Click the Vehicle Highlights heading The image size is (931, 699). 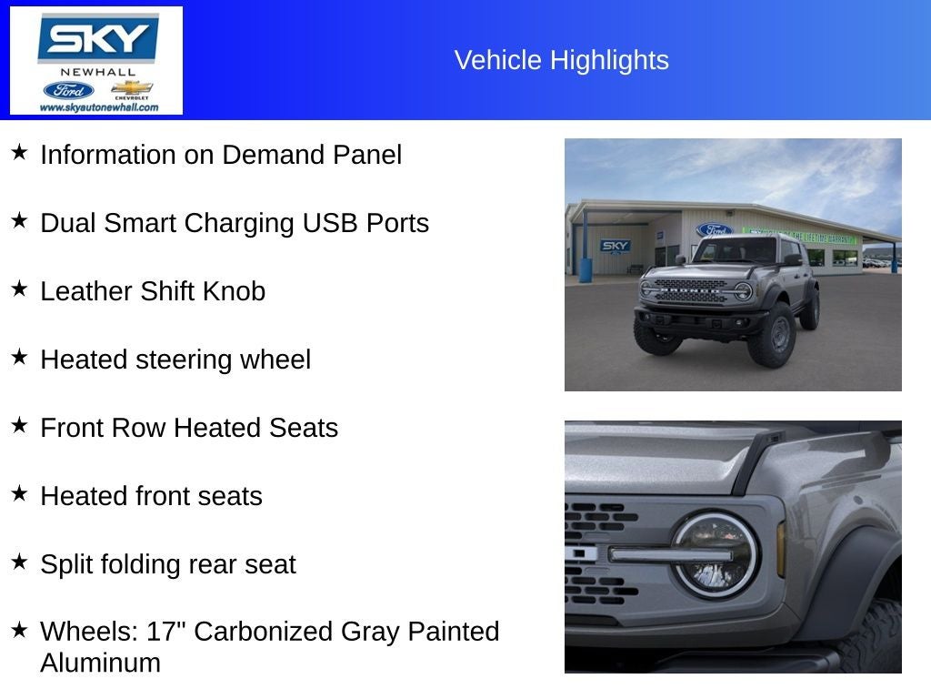[x=561, y=60]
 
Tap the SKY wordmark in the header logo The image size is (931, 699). [x=97, y=39]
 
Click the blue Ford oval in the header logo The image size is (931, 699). [x=68, y=90]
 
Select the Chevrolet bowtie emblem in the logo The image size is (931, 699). [x=131, y=88]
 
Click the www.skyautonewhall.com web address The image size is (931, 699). [x=98, y=107]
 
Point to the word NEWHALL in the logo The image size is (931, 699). [x=97, y=72]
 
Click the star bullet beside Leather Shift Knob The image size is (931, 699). [x=19, y=289]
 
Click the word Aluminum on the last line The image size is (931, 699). [x=100, y=663]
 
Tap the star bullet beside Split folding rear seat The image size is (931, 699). [x=19, y=562]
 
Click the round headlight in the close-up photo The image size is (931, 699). [x=715, y=554]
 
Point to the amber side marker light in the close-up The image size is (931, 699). [x=781, y=549]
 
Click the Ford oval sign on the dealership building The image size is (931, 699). [x=714, y=230]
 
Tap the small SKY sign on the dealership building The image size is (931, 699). [x=616, y=246]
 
